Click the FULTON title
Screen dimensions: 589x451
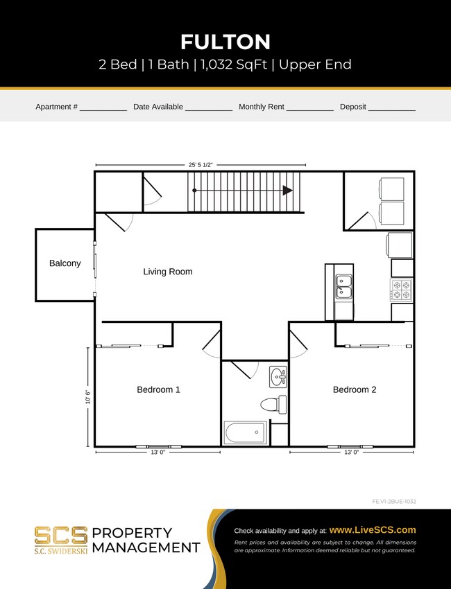coord(226,42)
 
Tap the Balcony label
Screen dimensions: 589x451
coord(65,263)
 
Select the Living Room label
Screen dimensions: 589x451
coord(168,272)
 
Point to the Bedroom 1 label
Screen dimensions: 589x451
coord(158,389)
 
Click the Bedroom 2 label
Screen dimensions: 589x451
coord(355,389)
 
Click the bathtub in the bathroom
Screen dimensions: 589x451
coord(245,433)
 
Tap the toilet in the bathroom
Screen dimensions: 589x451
coord(273,404)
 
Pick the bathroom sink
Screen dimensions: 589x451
coord(278,378)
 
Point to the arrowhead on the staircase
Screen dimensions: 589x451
coord(288,191)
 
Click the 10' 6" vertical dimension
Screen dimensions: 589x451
coord(87,396)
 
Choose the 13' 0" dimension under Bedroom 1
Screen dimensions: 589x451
coord(158,452)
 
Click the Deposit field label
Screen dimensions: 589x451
coord(353,107)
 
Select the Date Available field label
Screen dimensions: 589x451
coord(158,107)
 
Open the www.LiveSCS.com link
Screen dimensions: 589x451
coord(373,529)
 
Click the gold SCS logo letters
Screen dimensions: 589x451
coord(61,535)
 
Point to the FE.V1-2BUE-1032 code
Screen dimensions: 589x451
coord(394,501)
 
